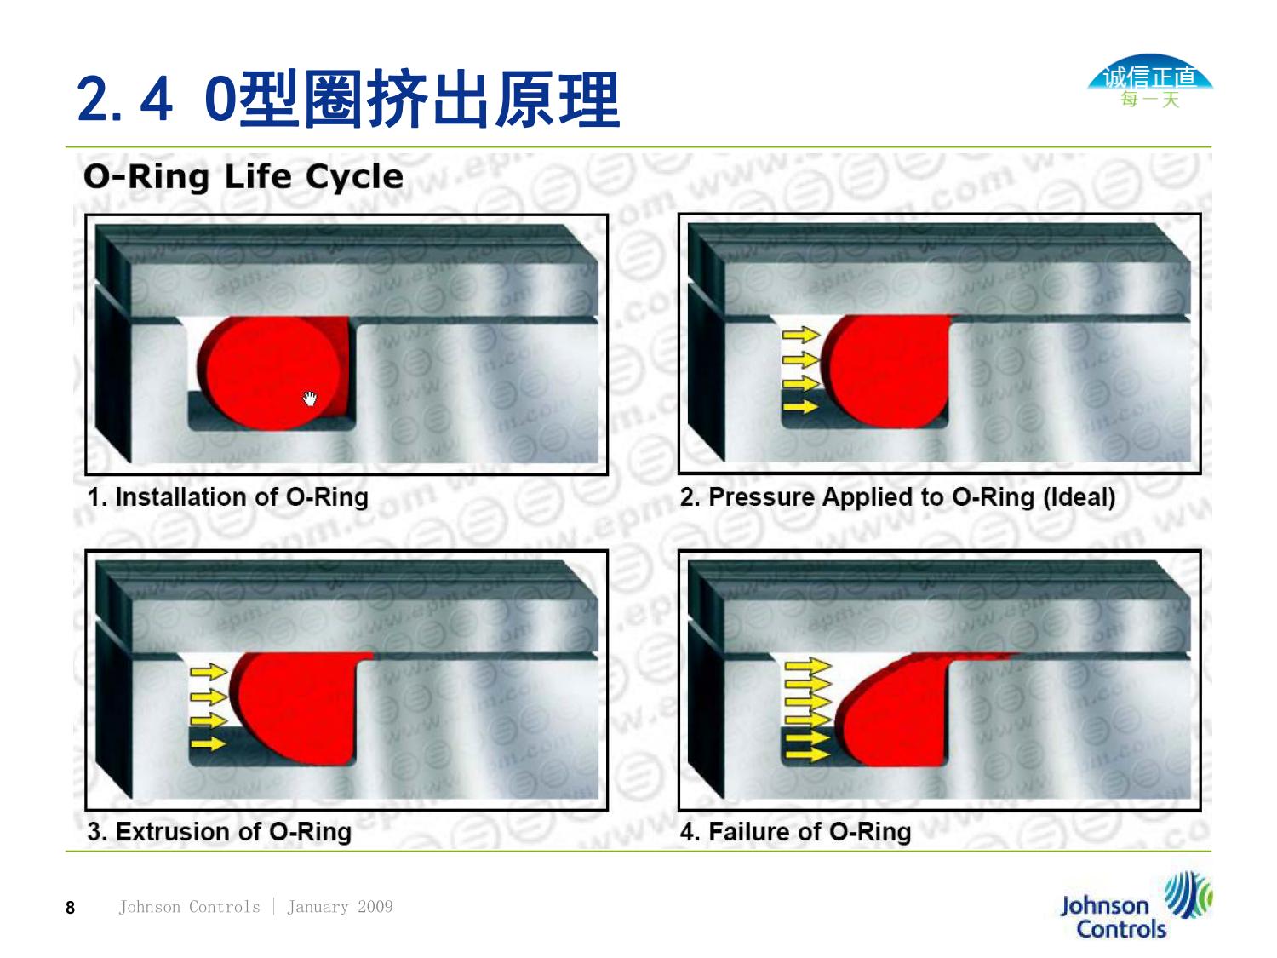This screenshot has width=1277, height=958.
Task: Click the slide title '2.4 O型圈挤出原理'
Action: point(348,98)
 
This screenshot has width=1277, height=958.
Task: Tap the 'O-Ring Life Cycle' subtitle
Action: point(243,176)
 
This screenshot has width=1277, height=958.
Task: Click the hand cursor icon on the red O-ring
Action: point(310,399)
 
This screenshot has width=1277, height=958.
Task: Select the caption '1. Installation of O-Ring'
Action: point(228,497)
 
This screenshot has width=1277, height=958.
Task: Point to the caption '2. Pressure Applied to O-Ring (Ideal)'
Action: point(897,497)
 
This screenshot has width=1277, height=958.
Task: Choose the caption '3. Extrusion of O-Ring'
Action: point(220,832)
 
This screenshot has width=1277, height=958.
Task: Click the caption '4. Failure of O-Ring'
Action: point(795,832)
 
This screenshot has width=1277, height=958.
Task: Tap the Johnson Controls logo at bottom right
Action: point(1136,905)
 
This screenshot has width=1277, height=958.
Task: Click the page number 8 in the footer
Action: point(71,908)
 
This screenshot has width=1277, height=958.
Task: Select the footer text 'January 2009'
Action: point(340,907)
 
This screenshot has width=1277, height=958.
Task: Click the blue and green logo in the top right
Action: point(1149,82)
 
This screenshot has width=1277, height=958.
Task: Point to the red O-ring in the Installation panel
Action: point(273,373)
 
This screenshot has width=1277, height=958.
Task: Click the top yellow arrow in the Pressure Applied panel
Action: point(801,335)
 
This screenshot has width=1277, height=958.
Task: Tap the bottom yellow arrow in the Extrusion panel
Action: point(209,743)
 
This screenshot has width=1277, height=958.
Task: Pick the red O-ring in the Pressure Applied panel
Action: point(885,371)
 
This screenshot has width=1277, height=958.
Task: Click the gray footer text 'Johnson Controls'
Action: point(190,907)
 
